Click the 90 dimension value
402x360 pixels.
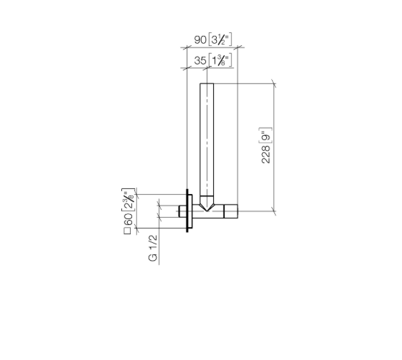click(x=200, y=40)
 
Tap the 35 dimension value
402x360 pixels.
click(x=200, y=60)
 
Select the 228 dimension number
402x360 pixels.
click(x=266, y=154)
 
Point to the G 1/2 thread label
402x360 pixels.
click(x=152, y=248)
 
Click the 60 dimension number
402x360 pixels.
click(x=128, y=219)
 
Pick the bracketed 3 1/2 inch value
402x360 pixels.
click(x=220, y=40)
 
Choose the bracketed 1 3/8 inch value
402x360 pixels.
click(x=220, y=60)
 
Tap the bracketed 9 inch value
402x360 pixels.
click(x=266, y=136)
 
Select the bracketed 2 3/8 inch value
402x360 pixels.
click(x=128, y=200)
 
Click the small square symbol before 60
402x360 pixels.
click(x=128, y=231)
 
